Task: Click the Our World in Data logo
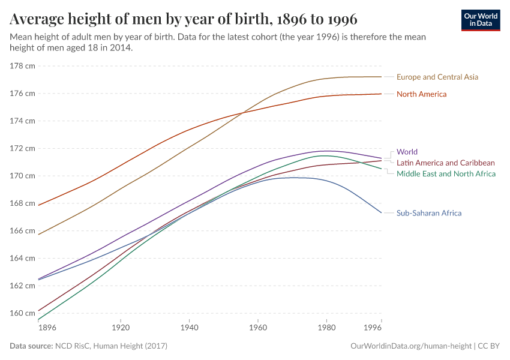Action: pos(480,20)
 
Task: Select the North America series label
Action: pos(421,94)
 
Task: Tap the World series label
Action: pos(407,152)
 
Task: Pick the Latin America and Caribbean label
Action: pos(445,163)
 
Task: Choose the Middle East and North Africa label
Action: pos(446,173)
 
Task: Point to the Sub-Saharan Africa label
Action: pos(428,213)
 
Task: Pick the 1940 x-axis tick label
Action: pos(189,328)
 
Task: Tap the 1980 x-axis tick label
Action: pos(326,328)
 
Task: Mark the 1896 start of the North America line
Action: pos(38,205)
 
